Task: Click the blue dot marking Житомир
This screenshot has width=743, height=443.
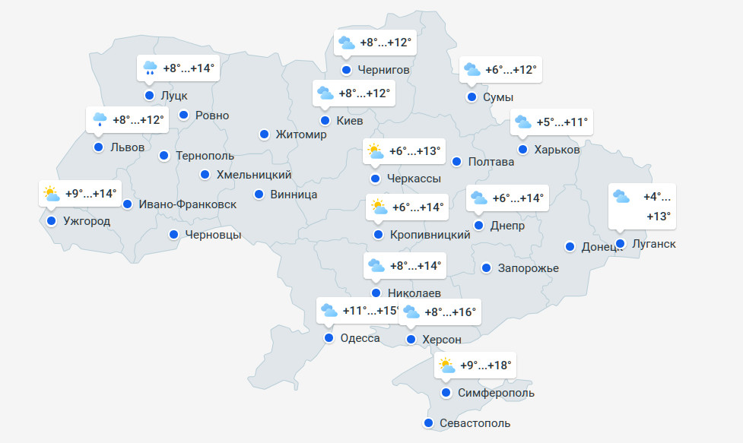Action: click(264, 134)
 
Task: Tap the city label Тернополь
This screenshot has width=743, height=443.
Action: click(205, 156)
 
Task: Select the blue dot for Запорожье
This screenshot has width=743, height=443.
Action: click(487, 267)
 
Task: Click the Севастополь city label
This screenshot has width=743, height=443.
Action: click(475, 423)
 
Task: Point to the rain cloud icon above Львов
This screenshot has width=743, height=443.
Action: click(100, 119)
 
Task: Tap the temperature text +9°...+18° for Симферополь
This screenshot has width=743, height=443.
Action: click(487, 365)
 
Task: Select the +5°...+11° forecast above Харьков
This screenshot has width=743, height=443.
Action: click(562, 122)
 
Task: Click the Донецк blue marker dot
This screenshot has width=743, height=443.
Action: click(570, 246)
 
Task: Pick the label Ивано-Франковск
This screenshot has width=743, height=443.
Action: click(188, 204)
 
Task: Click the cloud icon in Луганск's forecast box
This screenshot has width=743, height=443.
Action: click(621, 196)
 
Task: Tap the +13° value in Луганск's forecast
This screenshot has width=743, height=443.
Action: click(659, 217)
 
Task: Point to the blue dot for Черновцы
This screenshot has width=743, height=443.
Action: click(174, 234)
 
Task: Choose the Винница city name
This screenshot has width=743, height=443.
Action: click(294, 195)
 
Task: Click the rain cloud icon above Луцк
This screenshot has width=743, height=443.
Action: click(150, 68)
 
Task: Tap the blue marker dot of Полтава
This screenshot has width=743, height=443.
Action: click(457, 161)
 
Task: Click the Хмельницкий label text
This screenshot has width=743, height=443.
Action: click(254, 175)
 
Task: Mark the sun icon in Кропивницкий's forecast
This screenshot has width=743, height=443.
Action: click(378, 207)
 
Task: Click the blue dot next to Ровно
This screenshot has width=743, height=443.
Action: click(183, 115)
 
